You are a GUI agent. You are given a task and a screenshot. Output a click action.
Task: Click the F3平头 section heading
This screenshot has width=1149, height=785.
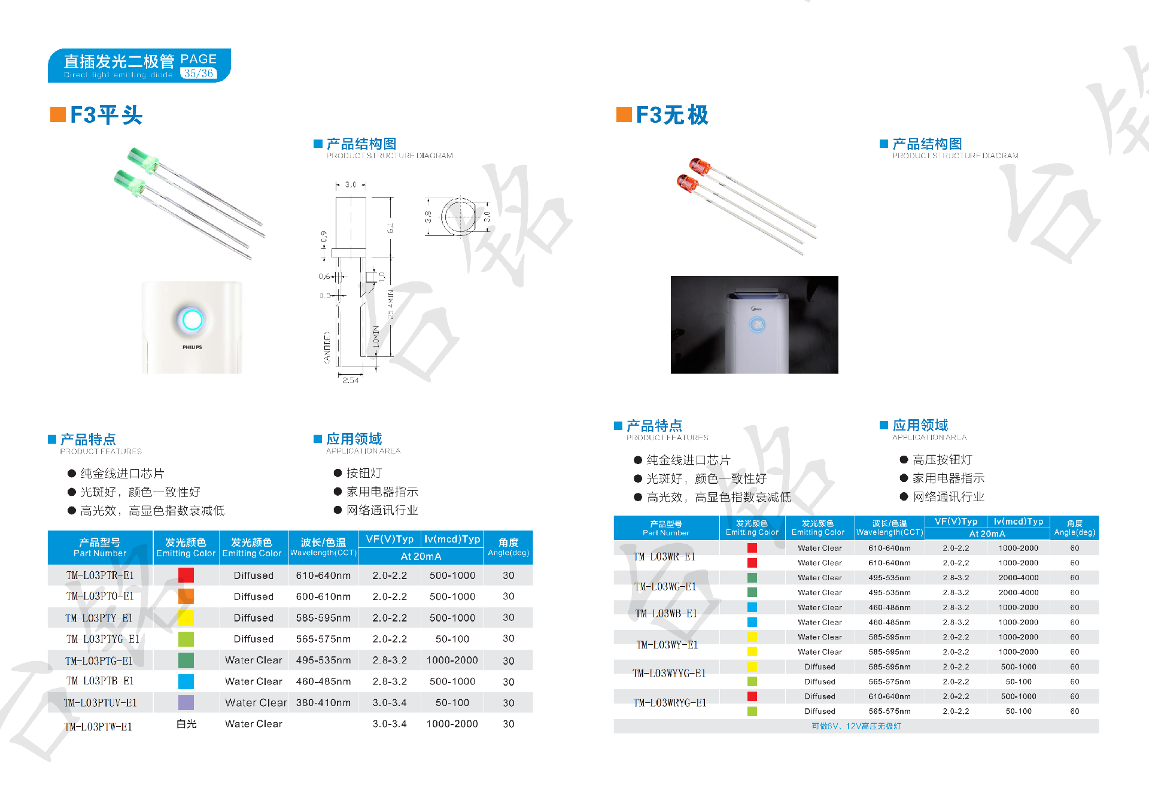point(106,115)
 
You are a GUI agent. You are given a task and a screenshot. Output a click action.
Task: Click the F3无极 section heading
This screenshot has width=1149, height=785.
point(671,115)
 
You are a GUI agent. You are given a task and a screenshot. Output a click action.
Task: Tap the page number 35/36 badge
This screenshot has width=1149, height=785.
point(199,74)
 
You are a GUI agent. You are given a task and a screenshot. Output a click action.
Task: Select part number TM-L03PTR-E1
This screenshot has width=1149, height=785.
point(100,575)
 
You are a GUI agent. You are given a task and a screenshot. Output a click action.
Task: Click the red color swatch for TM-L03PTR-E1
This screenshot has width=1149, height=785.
point(186,575)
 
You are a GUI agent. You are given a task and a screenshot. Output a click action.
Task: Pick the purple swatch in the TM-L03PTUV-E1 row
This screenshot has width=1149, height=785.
point(186,702)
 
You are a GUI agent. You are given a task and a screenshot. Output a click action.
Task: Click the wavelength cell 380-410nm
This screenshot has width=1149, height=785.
point(323,702)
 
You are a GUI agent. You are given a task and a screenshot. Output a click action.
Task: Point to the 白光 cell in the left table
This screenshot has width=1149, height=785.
point(187,724)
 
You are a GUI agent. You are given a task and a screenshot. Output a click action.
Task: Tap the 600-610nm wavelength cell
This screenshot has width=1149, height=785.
point(323,596)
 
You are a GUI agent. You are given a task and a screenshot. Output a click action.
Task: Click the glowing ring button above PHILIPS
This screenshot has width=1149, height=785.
point(192,320)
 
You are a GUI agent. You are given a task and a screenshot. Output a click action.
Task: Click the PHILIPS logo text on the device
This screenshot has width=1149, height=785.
point(192,347)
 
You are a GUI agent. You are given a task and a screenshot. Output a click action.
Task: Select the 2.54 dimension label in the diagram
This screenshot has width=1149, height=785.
point(351,380)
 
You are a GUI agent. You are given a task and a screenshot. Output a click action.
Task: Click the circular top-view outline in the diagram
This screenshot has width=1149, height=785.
point(459,217)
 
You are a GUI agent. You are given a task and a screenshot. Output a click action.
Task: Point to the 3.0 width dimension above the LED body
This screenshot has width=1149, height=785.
point(351,184)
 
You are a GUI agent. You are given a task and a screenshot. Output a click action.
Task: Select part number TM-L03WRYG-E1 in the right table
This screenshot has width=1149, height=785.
point(670,703)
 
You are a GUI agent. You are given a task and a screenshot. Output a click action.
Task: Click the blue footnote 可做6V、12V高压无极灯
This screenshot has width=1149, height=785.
point(856,726)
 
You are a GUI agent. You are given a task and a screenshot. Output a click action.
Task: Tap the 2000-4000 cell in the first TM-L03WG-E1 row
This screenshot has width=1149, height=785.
point(1018,578)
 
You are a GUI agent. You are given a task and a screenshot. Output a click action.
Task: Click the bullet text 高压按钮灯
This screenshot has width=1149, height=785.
point(942,460)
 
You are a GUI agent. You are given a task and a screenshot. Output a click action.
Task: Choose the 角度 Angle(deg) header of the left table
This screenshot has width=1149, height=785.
point(508,547)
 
